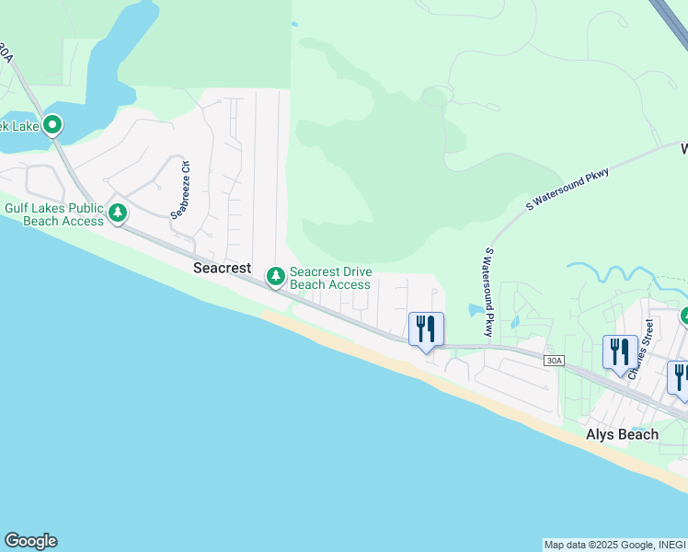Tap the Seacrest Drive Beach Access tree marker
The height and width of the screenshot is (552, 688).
(275, 275)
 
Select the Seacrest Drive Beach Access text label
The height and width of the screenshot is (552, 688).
(330, 278)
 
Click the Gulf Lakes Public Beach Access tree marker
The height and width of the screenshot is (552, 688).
(117, 213)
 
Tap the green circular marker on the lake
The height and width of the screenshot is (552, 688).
(52, 123)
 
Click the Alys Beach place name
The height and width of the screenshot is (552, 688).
(623, 434)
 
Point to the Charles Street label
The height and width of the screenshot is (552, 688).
(642, 348)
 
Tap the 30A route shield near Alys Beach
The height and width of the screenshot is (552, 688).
(552, 361)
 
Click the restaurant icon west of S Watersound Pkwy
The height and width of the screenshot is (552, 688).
(426, 328)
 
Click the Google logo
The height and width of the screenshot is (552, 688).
(30, 541)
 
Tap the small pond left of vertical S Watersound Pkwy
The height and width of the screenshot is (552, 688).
(474, 310)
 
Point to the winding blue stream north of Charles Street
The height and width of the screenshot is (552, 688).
(616, 272)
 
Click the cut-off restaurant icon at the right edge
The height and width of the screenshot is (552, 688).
(680, 377)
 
